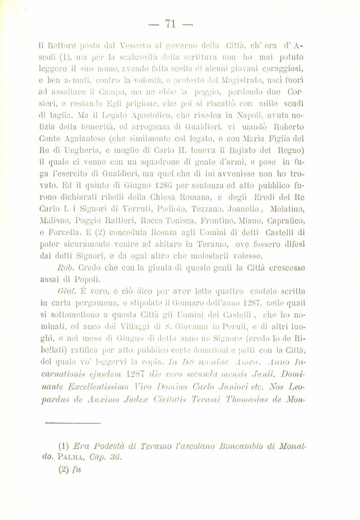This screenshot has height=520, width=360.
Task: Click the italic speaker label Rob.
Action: pyautogui.click(x=66, y=267)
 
